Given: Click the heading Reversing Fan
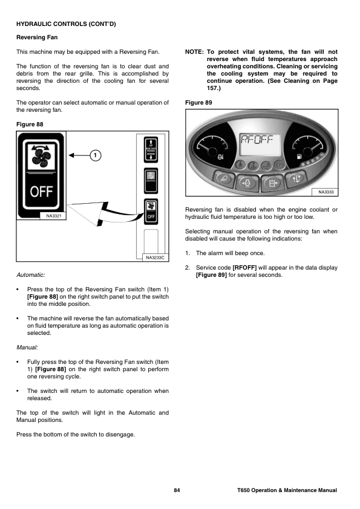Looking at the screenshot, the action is [37, 37].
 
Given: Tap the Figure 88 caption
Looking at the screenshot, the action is [30, 125].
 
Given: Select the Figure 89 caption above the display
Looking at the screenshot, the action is [198, 103].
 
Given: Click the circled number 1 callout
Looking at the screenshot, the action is [95, 155].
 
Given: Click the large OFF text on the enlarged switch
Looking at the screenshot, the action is [41, 191].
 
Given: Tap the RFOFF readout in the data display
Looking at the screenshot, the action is [256, 140].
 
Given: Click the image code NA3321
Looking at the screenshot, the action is [54, 216].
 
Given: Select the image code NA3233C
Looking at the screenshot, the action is [155, 258].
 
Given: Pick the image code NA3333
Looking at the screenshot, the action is [326, 192].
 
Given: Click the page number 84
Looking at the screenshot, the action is [177, 490].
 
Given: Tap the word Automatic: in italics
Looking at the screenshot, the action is [30, 275].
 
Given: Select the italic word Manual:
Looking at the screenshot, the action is [27, 348].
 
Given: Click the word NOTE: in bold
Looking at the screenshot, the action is [194, 52].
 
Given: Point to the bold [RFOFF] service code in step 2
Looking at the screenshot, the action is [244, 268].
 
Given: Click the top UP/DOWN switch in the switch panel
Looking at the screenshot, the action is [151, 150].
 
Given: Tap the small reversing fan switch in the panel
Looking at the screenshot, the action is [151, 212].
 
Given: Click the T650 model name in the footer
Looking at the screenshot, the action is [243, 490].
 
